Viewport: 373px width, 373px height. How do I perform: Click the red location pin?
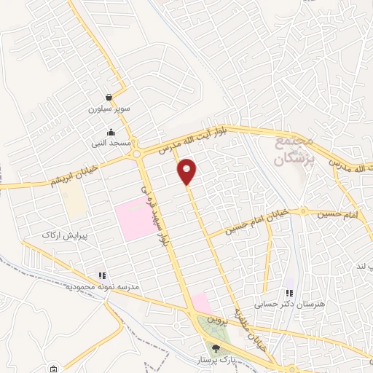187,170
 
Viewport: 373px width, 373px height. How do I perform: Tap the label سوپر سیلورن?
109,109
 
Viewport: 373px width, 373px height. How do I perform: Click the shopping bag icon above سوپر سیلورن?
109,97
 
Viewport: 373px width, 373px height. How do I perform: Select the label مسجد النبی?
111,144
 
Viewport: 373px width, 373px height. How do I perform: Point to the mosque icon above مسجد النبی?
111,132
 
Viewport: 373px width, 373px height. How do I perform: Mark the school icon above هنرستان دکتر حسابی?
290,292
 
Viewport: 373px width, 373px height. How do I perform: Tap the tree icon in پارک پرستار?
215,348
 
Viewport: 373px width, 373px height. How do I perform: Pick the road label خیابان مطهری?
253,328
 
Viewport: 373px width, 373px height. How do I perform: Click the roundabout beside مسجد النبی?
138,153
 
